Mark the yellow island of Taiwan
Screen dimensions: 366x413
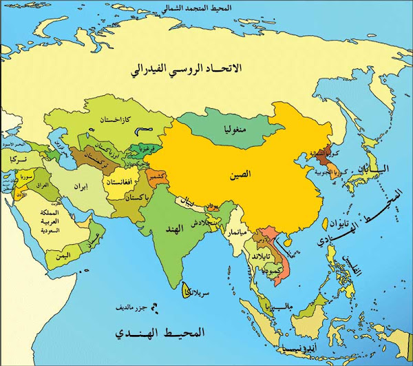326,224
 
